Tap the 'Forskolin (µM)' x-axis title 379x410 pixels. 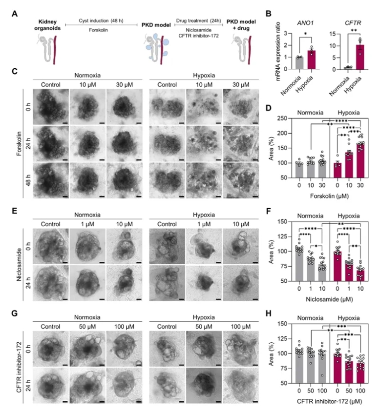click(x=320, y=197)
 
